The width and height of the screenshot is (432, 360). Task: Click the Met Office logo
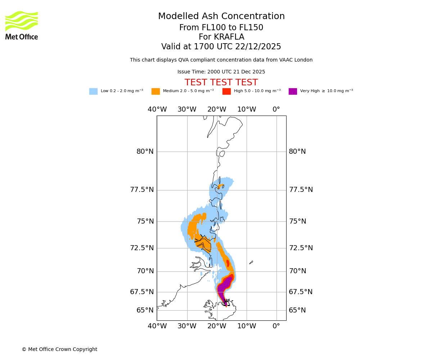coord(22,25)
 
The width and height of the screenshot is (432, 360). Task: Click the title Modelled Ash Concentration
coord(221,17)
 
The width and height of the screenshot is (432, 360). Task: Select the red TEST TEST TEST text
coord(221,82)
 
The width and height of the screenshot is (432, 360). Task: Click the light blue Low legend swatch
coord(93,91)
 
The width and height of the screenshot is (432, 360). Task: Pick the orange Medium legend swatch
coord(156,91)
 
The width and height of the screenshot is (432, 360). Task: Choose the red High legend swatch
coord(226,91)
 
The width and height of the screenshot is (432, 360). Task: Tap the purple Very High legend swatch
coord(293,91)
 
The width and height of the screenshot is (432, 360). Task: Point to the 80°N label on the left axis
coord(145,152)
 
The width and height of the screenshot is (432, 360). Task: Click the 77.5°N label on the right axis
coord(301,190)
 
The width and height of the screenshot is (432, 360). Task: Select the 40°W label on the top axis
coord(157,109)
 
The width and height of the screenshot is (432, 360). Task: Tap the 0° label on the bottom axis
coord(276,326)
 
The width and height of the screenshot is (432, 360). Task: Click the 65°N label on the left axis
coord(145,310)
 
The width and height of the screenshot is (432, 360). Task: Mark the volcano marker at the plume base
coord(226,302)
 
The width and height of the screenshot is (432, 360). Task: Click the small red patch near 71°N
coord(228,263)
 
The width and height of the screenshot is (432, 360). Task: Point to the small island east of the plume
coord(251,262)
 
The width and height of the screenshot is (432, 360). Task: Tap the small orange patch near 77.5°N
coord(221,186)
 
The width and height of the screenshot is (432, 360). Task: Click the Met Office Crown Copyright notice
coord(59,349)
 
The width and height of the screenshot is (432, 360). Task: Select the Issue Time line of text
coord(221,72)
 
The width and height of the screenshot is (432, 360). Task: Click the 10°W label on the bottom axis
coord(247,326)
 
